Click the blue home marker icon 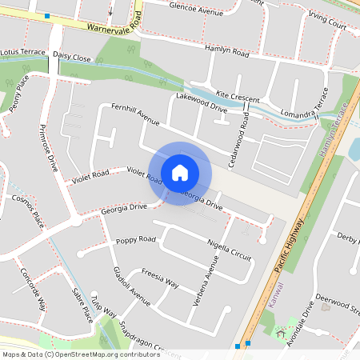[x=180, y=173]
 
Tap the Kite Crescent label [x=238, y=96]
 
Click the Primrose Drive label [x=50, y=149]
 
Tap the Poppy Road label [x=135, y=239]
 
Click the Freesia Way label [x=159, y=278]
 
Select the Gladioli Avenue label [x=132, y=287]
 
